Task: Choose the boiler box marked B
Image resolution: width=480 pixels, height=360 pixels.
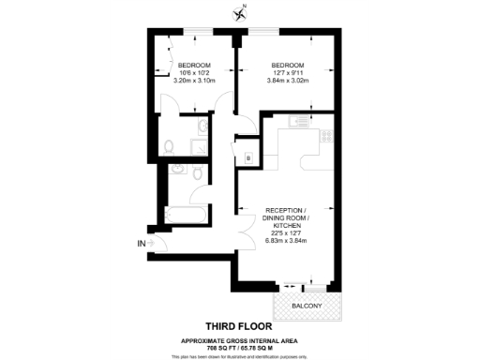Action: coord(248,158)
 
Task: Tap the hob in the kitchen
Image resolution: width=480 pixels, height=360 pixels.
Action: coord(326,134)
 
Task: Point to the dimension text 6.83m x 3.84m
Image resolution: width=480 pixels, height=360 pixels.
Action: coord(285,242)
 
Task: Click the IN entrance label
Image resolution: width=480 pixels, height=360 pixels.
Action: coord(141,245)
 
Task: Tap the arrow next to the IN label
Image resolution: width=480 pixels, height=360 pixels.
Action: coord(153,245)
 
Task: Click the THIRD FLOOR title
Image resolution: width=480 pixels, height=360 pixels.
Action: coord(239,327)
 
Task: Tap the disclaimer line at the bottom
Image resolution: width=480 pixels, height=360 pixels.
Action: coord(239,356)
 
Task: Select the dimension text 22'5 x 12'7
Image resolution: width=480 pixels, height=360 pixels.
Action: coord(285,234)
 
